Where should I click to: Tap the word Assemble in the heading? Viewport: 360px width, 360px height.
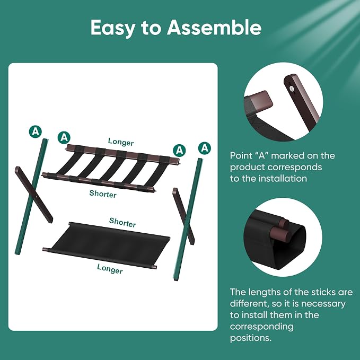[x=214, y=27]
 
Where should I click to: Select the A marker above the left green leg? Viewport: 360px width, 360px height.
[x=36, y=131]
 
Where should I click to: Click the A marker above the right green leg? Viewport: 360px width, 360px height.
[x=205, y=148]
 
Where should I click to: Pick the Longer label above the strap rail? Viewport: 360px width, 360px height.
[x=121, y=142]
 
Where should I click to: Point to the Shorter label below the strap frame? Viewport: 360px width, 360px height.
[x=103, y=194]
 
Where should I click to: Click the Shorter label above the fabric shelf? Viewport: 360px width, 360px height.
[x=122, y=223]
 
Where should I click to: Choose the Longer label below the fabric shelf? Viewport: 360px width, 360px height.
[x=110, y=269]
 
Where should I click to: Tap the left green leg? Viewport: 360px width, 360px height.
[x=31, y=196]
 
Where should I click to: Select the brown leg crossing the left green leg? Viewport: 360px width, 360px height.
[x=34, y=195]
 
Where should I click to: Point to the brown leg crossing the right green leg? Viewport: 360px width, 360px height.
[x=183, y=216]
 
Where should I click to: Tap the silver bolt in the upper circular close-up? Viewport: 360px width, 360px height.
[x=292, y=89]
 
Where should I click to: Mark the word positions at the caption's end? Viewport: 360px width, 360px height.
[x=251, y=338]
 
